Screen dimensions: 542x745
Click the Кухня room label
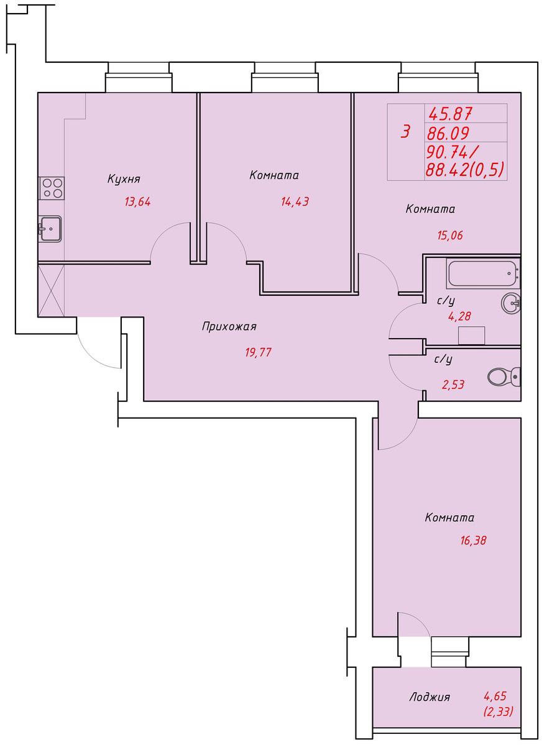click(124, 179)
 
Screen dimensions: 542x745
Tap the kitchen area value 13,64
click(137, 201)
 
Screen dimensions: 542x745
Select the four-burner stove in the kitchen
click(52, 188)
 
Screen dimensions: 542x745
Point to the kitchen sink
click(50, 229)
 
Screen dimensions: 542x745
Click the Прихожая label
click(229, 326)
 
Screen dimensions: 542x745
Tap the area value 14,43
click(295, 201)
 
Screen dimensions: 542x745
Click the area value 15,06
click(450, 235)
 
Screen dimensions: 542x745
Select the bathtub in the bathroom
click(483, 273)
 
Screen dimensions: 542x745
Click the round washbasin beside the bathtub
click(511, 302)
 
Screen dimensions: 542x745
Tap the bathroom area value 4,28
click(459, 316)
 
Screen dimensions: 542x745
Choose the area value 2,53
click(453, 385)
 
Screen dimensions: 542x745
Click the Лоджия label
click(429, 697)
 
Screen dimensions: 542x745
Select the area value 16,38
click(473, 540)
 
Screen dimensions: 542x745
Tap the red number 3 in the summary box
click(405, 131)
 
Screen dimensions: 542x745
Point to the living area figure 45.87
click(450, 114)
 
